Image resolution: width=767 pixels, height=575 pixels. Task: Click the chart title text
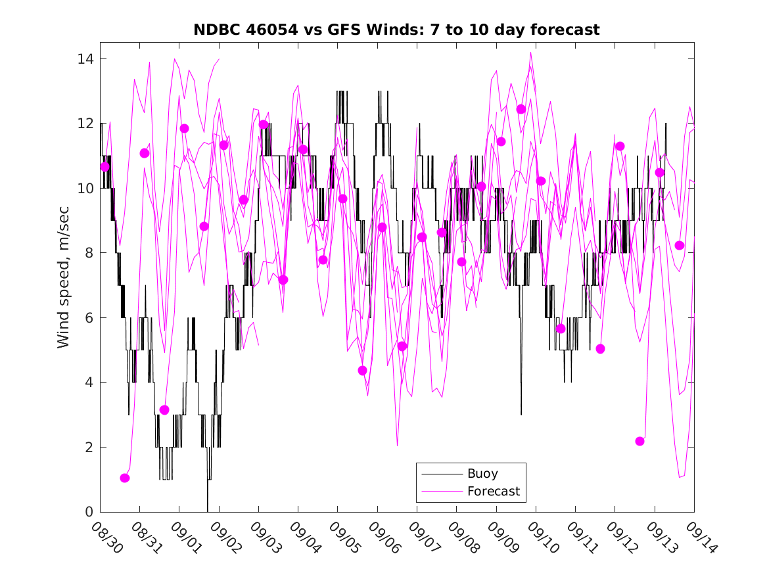(396, 30)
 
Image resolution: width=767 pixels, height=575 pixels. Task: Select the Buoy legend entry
(482, 474)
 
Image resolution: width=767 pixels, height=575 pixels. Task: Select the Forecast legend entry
(493, 491)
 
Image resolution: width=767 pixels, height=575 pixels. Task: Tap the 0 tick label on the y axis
(89, 512)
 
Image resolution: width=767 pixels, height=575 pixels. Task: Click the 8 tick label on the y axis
(89, 253)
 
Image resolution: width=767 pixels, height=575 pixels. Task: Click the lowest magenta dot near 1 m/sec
(125, 478)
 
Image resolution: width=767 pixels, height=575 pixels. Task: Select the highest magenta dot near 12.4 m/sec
(521, 109)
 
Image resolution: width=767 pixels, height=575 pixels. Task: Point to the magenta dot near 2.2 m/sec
(640, 441)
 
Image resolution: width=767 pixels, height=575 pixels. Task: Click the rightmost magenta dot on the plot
(680, 245)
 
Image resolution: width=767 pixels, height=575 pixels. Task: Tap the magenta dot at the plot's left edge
(105, 167)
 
